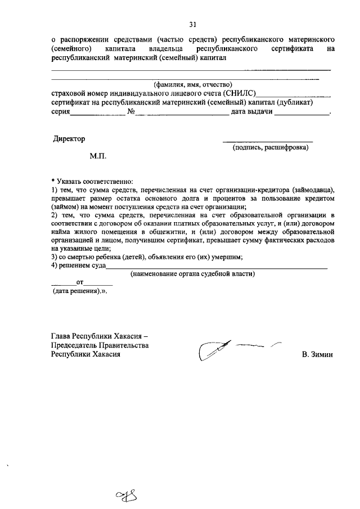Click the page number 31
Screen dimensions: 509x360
point(193,25)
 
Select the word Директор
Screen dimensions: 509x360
point(69,138)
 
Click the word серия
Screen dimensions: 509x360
point(60,111)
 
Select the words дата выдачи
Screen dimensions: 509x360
point(252,111)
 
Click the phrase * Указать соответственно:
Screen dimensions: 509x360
point(92,181)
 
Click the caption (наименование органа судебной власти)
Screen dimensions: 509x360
point(192,274)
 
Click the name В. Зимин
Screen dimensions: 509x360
point(317,355)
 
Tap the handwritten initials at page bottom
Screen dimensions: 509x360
point(127,495)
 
